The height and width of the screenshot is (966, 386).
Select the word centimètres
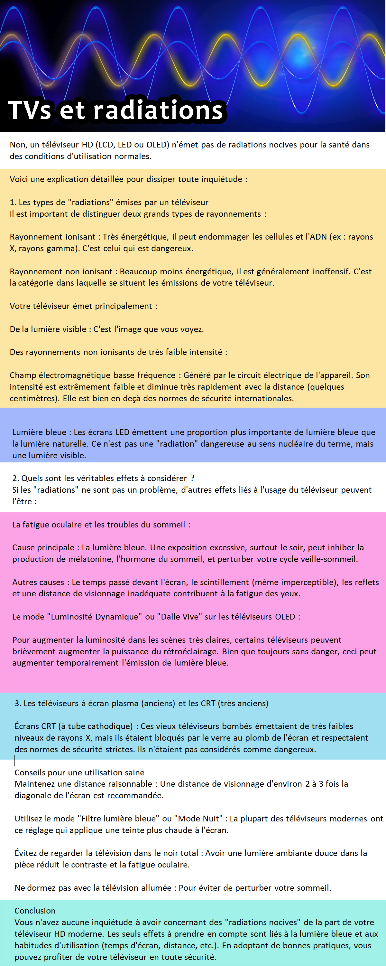(x=34, y=398)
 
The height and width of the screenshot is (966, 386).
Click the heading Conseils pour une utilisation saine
(x=79, y=772)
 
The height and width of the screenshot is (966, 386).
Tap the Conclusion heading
(x=35, y=911)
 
